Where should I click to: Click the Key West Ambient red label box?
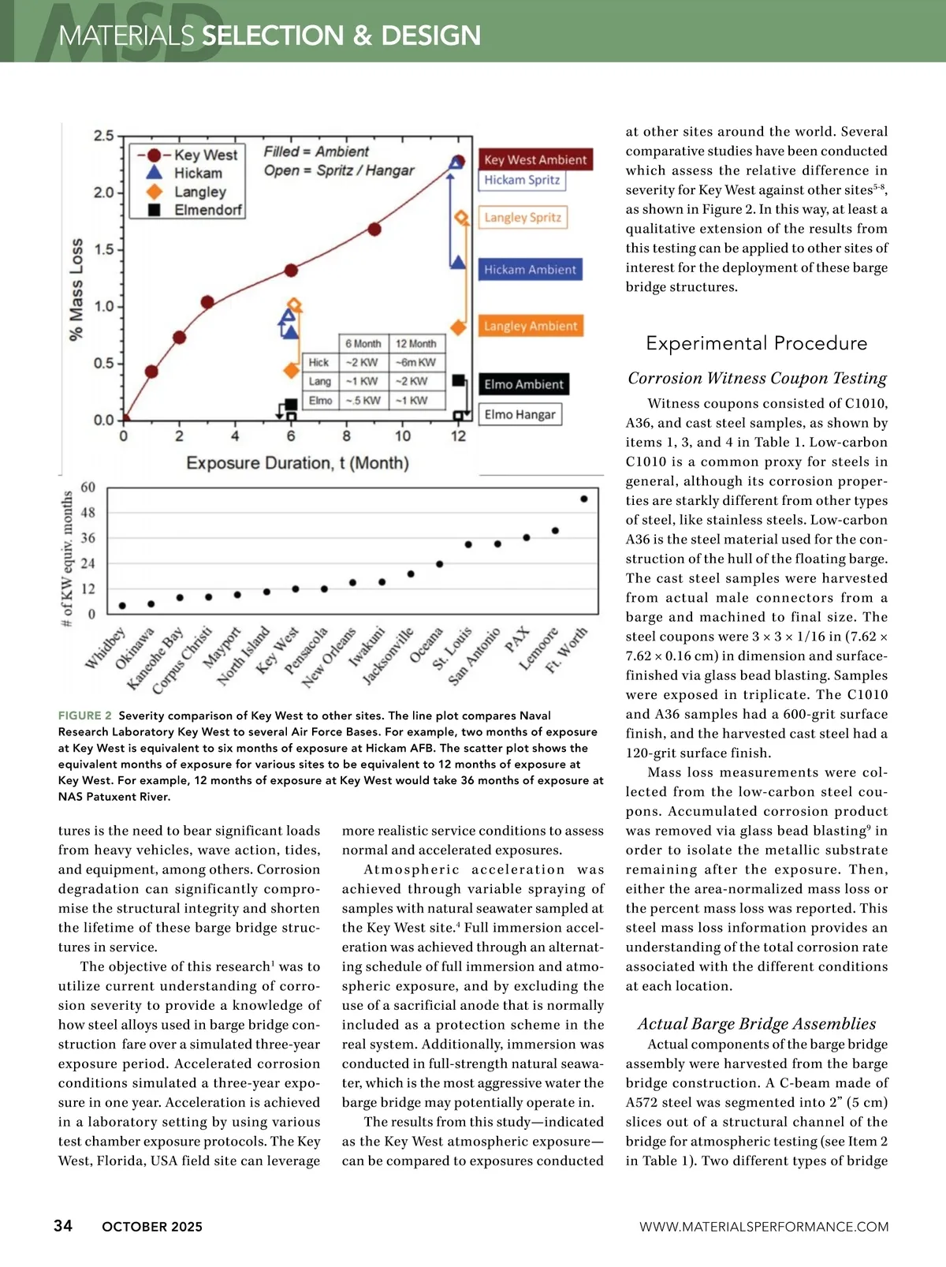tap(535, 159)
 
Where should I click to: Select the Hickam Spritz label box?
tap(522, 180)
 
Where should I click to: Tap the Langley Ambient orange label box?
tap(531, 326)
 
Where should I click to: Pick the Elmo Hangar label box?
tap(520, 414)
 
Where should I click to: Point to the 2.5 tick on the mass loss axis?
tap(104, 136)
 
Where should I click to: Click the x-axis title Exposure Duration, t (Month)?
tap(297, 462)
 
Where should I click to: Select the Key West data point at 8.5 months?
tap(374, 229)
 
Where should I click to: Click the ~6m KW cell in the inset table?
tap(415, 362)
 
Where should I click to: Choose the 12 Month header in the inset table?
tap(415, 343)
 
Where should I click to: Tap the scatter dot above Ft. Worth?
tap(584, 499)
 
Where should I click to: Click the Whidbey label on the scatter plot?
tap(105, 648)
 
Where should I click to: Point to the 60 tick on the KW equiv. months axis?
tap(88, 488)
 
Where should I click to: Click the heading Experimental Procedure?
tap(756, 343)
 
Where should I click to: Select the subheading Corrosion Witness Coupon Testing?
tap(757, 379)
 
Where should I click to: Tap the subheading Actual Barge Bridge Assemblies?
tap(757, 1024)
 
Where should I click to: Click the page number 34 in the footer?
tap(63, 1225)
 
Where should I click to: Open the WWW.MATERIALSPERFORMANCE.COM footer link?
tap(763, 1227)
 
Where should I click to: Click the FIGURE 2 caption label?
tap(85, 716)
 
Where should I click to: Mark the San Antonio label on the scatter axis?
tap(475, 656)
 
